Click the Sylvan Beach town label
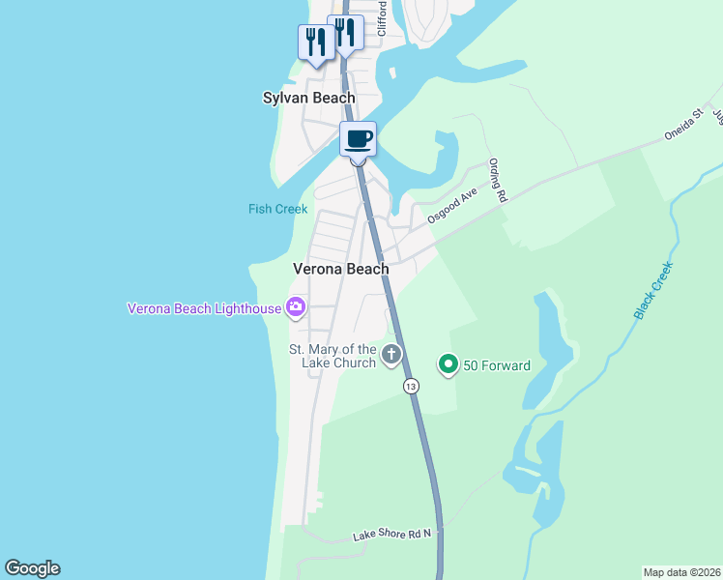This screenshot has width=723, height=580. pos(309,99)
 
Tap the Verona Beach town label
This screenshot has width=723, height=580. pos(341,270)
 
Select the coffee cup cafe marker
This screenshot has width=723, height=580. pos(358,138)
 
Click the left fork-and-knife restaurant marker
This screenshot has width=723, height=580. pos(315,43)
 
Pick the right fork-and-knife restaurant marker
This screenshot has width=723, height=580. pos(345,33)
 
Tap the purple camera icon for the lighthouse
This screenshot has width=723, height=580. pos(296,308)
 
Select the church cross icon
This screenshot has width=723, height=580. pos(391,354)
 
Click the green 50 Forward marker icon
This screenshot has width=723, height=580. pos(448,365)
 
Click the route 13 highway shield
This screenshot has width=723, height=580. pos(412,386)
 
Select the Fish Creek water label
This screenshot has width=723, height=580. pos(277,209)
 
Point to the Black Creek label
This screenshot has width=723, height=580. pos(652,291)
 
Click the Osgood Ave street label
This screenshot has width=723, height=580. pos(453,206)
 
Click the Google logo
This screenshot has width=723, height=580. pos(32,568)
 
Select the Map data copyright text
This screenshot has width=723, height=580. pos(681,571)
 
